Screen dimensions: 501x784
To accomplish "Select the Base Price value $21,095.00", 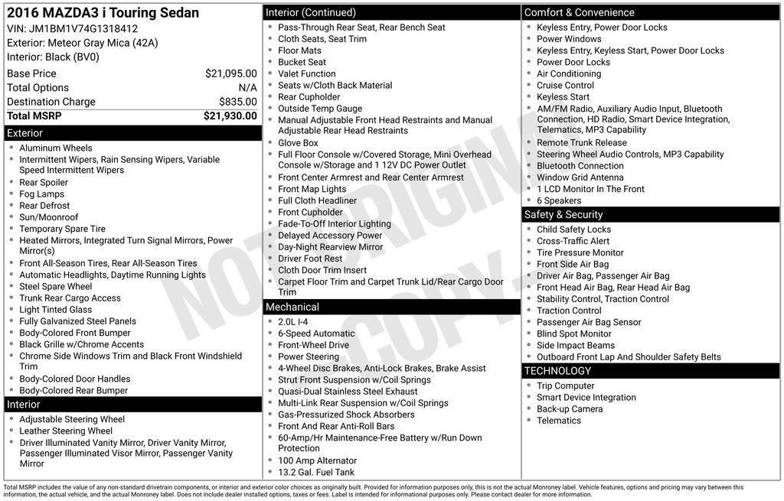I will [231, 73].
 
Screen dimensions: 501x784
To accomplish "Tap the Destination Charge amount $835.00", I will [238, 102].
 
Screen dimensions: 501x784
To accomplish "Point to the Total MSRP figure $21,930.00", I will [230, 116].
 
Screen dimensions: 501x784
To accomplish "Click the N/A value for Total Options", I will [247, 88].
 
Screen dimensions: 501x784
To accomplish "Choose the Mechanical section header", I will [292, 307].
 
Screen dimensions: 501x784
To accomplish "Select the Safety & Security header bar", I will [563, 215].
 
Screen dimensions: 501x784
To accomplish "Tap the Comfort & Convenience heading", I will [579, 12].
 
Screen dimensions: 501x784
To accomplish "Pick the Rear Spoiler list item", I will [44, 183].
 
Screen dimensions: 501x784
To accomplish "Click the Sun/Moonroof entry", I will [49, 217].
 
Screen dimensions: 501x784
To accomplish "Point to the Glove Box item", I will [298, 143].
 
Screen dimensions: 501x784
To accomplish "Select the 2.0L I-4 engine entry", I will [293, 322].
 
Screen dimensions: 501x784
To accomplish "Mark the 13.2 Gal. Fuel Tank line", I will [316, 473].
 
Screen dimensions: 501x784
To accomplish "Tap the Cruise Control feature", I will [565, 86].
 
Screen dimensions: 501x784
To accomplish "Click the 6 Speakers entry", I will [559, 201].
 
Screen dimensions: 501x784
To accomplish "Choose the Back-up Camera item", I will [570, 409].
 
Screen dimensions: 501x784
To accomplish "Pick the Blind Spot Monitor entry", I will [574, 334].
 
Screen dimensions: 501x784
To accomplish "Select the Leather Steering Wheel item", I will [66, 431].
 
